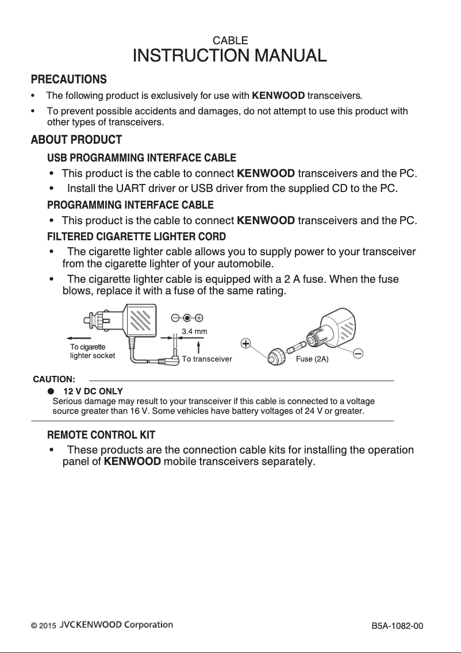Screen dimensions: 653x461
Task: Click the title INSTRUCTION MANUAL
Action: [230, 56]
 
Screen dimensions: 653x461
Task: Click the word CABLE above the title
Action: [230, 41]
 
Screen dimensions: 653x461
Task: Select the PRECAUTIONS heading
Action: [68, 79]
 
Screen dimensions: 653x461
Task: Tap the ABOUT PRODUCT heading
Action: [76, 140]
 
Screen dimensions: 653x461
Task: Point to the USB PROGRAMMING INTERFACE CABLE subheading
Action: [141, 158]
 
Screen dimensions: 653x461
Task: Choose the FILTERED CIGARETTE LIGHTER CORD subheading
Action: [136, 237]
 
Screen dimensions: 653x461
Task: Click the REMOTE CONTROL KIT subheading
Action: [101, 435]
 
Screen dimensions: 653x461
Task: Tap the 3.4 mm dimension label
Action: [194, 332]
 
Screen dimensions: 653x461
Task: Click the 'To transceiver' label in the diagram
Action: [206, 359]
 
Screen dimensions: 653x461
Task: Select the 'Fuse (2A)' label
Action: [312, 359]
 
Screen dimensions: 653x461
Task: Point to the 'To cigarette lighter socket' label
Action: [92, 351]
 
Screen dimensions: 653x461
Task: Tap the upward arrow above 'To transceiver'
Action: [198, 347]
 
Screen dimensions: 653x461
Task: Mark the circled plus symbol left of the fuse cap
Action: [245, 344]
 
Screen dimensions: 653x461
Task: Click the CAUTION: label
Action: [54, 379]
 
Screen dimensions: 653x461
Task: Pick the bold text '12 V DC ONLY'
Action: [93, 391]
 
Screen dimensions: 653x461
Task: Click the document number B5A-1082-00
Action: [397, 625]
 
